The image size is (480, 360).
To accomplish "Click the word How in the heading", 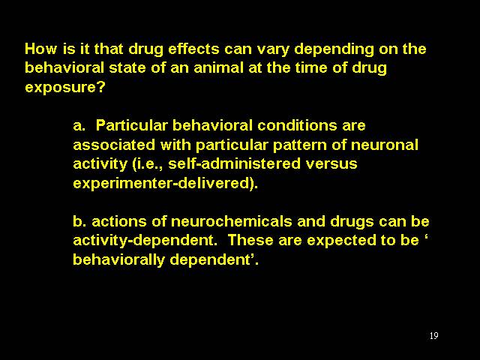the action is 40,49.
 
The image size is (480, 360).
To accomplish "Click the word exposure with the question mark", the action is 65,88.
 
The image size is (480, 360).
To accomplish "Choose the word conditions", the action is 297,125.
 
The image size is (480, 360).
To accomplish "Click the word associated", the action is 114,145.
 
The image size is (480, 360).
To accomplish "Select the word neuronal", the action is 385,145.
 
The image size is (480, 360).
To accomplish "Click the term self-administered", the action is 235,163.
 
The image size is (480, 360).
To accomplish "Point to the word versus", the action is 331,164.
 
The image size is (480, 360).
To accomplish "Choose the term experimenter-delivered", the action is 163,183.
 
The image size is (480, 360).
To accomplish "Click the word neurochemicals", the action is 231,221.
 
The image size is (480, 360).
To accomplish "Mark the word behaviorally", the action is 119,260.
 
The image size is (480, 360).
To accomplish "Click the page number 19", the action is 433,336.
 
